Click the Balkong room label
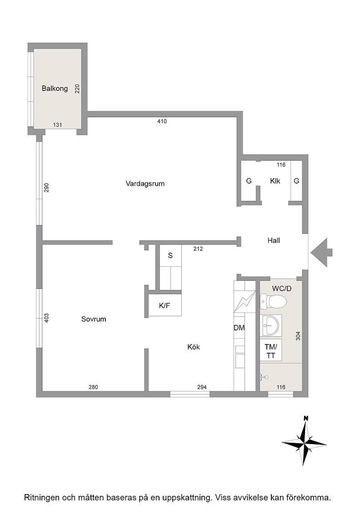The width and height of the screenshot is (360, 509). click(x=55, y=88)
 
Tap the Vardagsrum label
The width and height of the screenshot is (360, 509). click(x=145, y=184)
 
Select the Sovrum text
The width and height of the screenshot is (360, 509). click(x=94, y=319)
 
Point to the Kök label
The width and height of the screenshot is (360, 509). click(x=194, y=347)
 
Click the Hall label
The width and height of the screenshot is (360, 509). click(x=274, y=240)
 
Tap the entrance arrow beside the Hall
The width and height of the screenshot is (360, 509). click(x=321, y=252)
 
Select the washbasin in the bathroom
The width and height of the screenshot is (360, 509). click(x=271, y=325)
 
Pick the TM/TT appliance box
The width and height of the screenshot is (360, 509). click(x=271, y=350)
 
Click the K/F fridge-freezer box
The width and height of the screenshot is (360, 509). click(x=165, y=305)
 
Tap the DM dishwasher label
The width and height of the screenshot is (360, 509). click(x=239, y=328)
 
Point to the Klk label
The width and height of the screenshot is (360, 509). click(x=275, y=181)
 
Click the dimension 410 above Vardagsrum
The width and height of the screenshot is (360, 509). click(x=162, y=121)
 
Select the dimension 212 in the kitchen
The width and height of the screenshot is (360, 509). click(x=198, y=249)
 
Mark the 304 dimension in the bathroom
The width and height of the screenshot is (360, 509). click(x=298, y=336)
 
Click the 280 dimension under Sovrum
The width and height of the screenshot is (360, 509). click(x=93, y=387)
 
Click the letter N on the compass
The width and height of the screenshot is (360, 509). click(x=305, y=418)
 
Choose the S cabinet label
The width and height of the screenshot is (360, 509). click(x=170, y=255)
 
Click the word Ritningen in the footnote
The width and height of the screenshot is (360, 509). click(x=41, y=497)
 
